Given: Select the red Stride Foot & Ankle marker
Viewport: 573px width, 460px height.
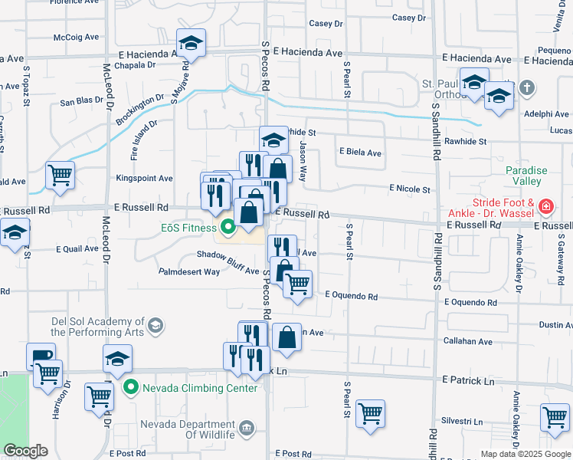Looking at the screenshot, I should pyautogui.click(x=545, y=206).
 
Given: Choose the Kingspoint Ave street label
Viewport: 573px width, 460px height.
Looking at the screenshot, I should pyautogui.click(x=144, y=178).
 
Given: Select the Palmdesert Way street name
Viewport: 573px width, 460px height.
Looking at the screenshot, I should pyautogui.click(x=189, y=271).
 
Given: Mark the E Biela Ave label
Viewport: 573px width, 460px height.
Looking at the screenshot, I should pyautogui.click(x=360, y=153).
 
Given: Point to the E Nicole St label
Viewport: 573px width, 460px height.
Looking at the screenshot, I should pyautogui.click(x=410, y=188).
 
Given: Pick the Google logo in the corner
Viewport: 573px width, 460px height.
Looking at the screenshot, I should pyautogui.click(x=26, y=451).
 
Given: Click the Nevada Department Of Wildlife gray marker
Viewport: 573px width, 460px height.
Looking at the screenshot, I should pyautogui.click(x=247, y=427).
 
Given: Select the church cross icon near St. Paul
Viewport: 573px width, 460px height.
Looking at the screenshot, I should pyautogui.click(x=526, y=88).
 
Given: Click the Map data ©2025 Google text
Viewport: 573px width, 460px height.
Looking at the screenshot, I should pyautogui.click(x=525, y=454).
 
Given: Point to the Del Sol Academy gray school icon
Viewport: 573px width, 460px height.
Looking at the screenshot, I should pyautogui.click(x=156, y=327).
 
